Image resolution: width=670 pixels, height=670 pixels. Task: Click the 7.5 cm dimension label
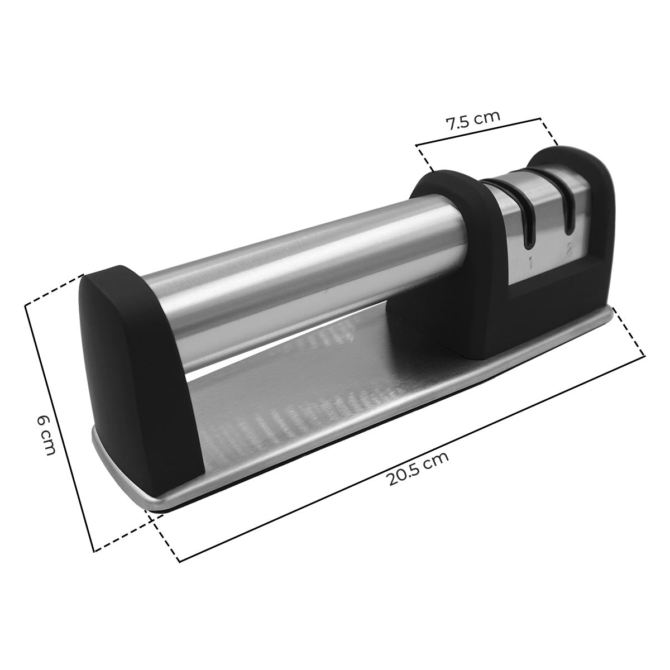tap(472, 120)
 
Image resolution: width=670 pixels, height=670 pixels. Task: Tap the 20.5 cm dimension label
tap(418, 468)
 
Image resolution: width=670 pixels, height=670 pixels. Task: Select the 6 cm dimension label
tap(46, 435)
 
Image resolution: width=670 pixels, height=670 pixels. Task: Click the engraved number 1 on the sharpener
tap(531, 262)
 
